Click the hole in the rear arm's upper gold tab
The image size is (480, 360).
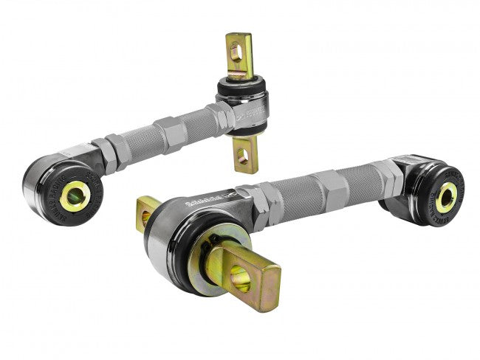coord(236,52)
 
